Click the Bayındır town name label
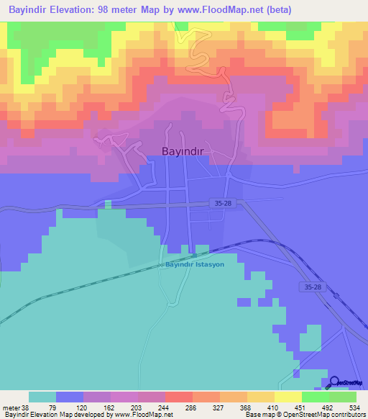[184, 152]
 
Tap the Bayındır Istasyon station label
[195, 264]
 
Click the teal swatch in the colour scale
[42, 397]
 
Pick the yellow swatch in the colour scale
[287, 397]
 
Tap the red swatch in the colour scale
[178, 397]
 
